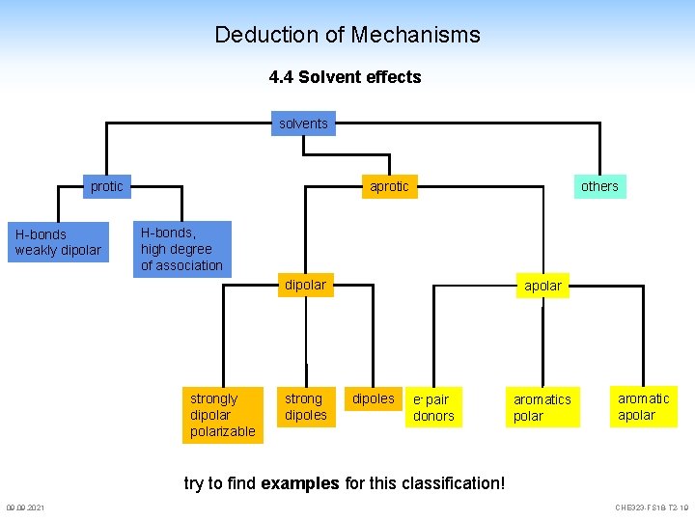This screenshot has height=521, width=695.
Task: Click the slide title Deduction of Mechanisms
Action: [x=347, y=35]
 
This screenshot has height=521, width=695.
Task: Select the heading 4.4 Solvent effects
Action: [x=345, y=77]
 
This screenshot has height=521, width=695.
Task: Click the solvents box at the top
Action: [x=303, y=123]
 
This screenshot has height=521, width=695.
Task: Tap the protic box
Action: [x=106, y=186]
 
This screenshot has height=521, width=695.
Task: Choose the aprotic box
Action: [x=389, y=186]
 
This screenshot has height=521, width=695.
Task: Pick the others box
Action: [x=598, y=186]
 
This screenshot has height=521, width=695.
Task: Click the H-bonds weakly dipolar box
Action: [x=58, y=242]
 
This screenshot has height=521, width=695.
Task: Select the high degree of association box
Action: [x=181, y=249]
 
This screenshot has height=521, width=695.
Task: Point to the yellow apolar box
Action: [x=542, y=286]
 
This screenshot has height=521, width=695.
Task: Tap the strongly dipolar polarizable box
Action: [x=222, y=415]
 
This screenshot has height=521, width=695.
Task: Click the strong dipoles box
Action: [x=305, y=406]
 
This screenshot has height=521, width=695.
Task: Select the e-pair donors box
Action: [x=432, y=407]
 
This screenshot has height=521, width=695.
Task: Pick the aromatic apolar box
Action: [x=643, y=406]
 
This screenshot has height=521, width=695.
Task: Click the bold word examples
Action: [x=300, y=482]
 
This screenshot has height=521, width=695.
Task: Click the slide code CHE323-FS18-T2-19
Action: [x=652, y=508]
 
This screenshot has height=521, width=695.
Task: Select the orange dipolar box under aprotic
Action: [x=305, y=285]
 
